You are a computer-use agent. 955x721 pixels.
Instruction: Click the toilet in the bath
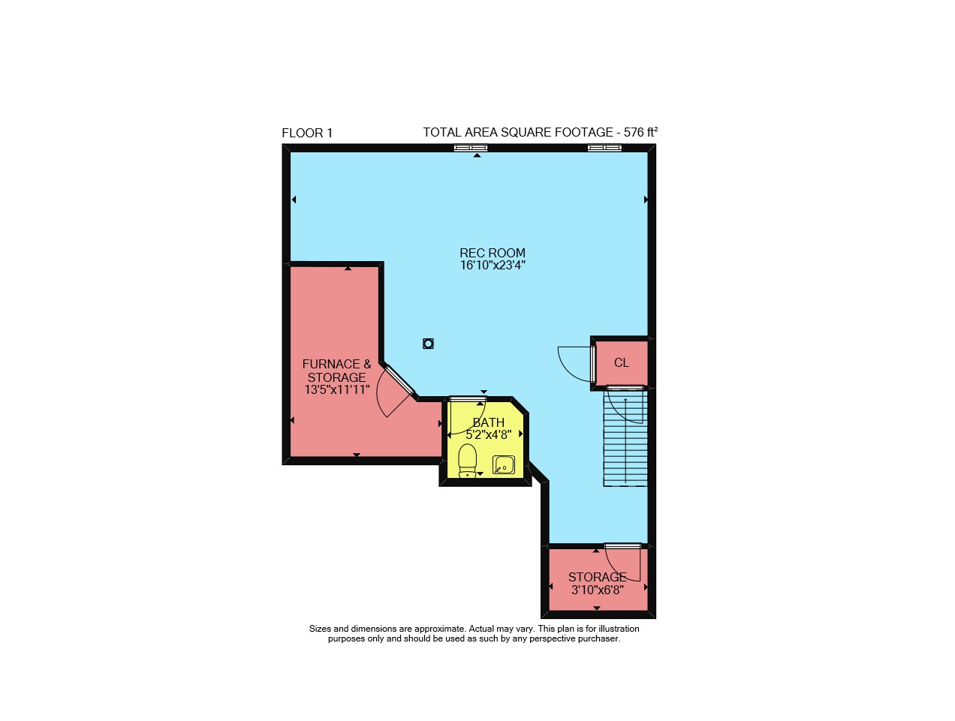[467, 460]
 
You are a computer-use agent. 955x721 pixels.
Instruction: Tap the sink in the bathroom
[503, 464]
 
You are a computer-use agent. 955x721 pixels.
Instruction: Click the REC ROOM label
[493, 253]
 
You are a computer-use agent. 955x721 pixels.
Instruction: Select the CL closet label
[622, 362]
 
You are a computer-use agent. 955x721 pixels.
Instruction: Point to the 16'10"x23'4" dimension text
[493, 265]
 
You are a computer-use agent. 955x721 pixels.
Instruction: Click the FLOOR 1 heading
[307, 133]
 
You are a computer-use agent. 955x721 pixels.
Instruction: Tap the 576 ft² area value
[640, 132]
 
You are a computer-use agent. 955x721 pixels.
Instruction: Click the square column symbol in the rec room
[428, 344]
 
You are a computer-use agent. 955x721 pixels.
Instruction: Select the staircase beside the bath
[625, 437]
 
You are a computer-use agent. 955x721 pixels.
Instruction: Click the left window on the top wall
[471, 148]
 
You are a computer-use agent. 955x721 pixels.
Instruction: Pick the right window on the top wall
[605, 148]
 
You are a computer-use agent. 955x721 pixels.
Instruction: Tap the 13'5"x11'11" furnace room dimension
[337, 389]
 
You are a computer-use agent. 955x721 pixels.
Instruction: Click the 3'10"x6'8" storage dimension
[598, 590]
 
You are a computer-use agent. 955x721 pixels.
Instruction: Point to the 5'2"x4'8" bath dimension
[489, 434]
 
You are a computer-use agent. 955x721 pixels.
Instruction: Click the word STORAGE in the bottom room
[598, 577]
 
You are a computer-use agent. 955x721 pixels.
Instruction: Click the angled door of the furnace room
[399, 380]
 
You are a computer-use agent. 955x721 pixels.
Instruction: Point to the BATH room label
[489, 422]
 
